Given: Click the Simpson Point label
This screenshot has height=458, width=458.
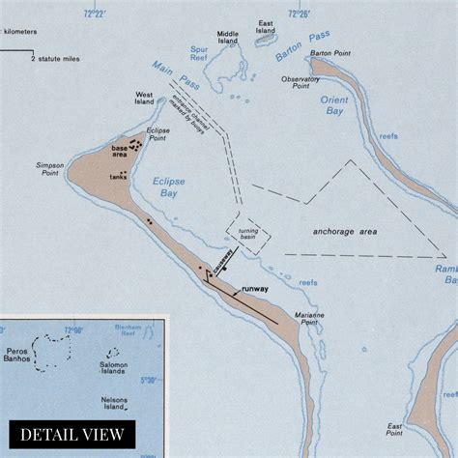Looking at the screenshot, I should click(x=49, y=170).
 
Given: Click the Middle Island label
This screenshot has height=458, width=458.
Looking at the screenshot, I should click(x=228, y=37).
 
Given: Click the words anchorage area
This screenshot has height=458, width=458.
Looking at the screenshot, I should click(x=345, y=232).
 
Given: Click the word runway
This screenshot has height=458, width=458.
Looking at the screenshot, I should click(x=255, y=289).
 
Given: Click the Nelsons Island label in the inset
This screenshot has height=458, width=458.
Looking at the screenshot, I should click(x=119, y=403).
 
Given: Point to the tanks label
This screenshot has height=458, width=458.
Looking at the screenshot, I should click(x=118, y=177).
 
